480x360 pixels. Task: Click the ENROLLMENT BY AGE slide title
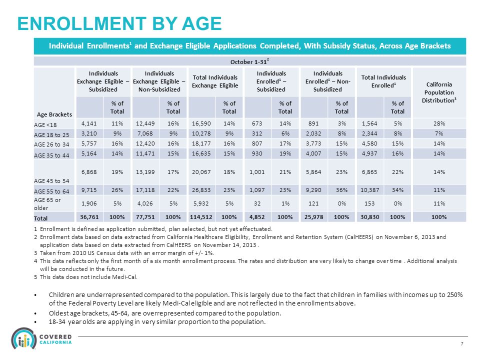pyautogui.click(x=119, y=23)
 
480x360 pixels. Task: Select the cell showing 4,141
pyautogui.click(x=89, y=123)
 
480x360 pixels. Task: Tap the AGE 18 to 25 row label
pyautogui.click(x=51, y=134)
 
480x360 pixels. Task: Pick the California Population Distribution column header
pyautogui.click(x=439, y=92)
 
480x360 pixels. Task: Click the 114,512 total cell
pyautogui.click(x=201, y=216)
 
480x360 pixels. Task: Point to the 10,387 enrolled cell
pyautogui.click(x=370, y=190)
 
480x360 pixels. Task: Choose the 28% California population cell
pyautogui.click(x=439, y=123)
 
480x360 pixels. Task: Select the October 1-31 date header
pyautogui.click(x=250, y=61)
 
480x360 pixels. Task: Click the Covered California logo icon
pyautogui.click(x=24, y=338)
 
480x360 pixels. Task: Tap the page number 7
pyautogui.click(x=462, y=344)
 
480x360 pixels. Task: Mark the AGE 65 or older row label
pyautogui.click(x=47, y=203)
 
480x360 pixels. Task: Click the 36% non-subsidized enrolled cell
pyautogui.click(x=341, y=190)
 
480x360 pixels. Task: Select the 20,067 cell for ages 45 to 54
pyautogui.click(x=201, y=171)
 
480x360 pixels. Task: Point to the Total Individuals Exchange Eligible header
pyautogui.click(x=215, y=81)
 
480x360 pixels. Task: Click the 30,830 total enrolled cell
pyautogui.click(x=370, y=216)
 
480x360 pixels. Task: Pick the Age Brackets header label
pyautogui.click(x=54, y=114)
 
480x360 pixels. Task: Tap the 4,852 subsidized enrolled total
pyautogui.click(x=257, y=216)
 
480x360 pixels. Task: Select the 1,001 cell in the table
pyautogui.click(x=257, y=171)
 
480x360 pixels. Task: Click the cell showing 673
pyautogui.click(x=257, y=123)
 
